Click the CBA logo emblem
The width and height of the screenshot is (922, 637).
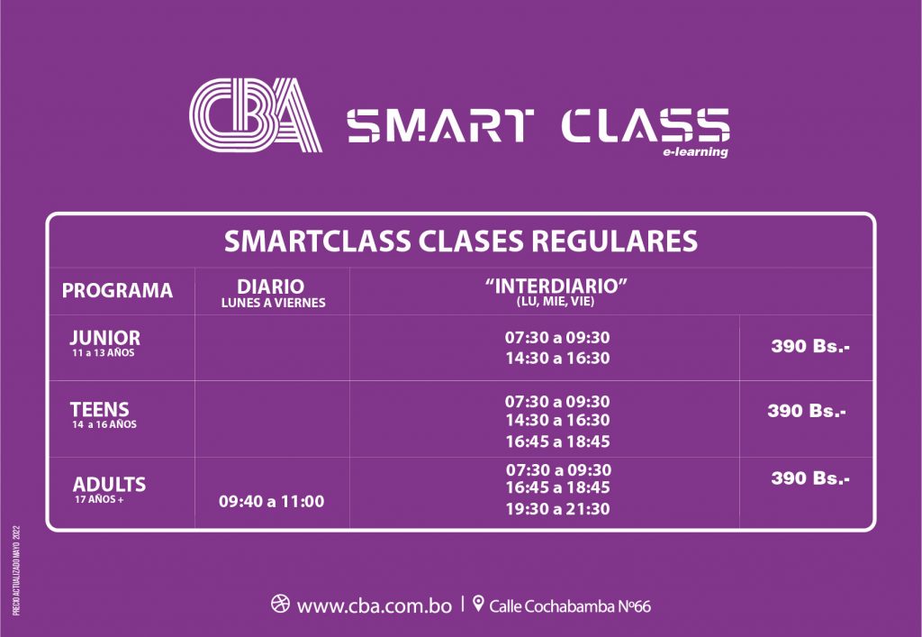256,114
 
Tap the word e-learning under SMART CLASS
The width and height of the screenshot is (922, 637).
695,152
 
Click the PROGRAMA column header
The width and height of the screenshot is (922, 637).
117,290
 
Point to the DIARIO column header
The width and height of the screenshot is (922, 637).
270,287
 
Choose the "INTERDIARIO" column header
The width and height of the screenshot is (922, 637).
556,286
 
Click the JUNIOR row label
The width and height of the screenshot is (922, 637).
104,338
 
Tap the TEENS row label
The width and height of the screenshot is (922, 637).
99,409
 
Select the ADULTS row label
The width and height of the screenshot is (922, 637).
109,484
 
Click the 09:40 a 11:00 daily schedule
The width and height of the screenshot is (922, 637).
271,502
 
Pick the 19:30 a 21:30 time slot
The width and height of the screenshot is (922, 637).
557,509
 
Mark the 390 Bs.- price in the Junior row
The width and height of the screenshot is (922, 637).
810,346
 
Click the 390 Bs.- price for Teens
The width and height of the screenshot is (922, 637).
807,411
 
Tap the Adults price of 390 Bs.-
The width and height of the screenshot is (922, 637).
810,478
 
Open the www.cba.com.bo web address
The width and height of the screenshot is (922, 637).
374,605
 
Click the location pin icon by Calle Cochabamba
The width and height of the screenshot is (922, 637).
478,604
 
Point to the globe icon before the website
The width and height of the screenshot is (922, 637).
280,604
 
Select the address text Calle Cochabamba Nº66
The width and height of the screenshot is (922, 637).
570,605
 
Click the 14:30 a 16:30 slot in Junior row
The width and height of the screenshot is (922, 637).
557,359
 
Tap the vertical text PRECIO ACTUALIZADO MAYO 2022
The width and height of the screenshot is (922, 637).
16,570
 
